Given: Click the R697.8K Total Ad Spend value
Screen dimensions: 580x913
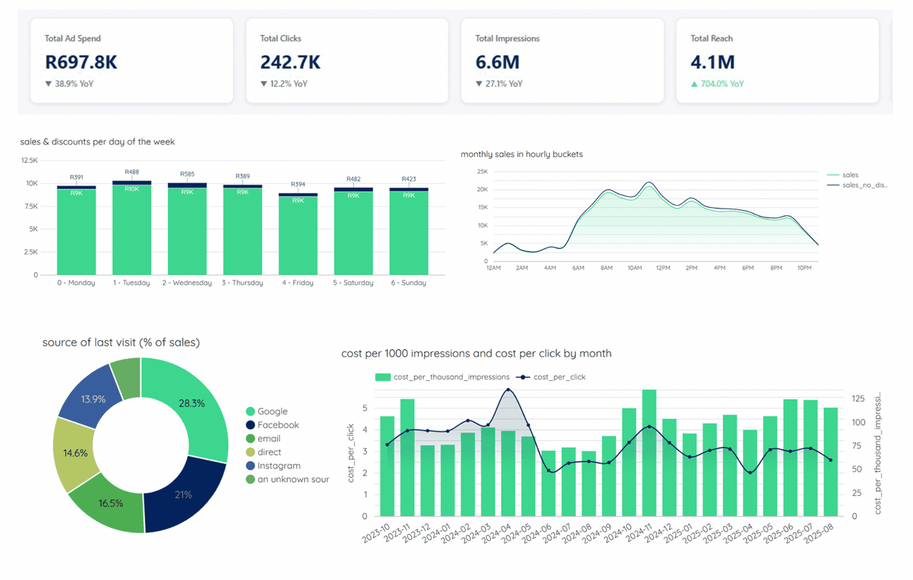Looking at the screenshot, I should (81, 62).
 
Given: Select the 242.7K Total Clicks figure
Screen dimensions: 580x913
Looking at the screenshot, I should (290, 62).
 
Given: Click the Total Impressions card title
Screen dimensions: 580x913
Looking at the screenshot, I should (507, 39).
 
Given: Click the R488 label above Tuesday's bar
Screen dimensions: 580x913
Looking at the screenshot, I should (131, 172).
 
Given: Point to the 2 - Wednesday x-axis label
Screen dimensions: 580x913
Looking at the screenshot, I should (187, 283).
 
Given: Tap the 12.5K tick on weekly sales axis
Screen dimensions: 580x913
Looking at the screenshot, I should (29, 160).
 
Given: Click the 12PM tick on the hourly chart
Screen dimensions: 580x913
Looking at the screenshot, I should (663, 268).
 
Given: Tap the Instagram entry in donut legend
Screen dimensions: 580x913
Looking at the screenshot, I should (278, 465).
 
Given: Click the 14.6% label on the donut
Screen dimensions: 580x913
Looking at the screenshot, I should (75, 453).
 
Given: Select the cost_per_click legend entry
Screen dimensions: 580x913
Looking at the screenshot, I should (558, 377).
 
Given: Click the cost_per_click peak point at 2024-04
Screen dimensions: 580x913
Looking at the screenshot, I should (508, 390).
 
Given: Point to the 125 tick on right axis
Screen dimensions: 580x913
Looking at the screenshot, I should (858, 398).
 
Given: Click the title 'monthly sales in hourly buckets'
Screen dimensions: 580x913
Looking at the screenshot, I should (521, 154).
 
